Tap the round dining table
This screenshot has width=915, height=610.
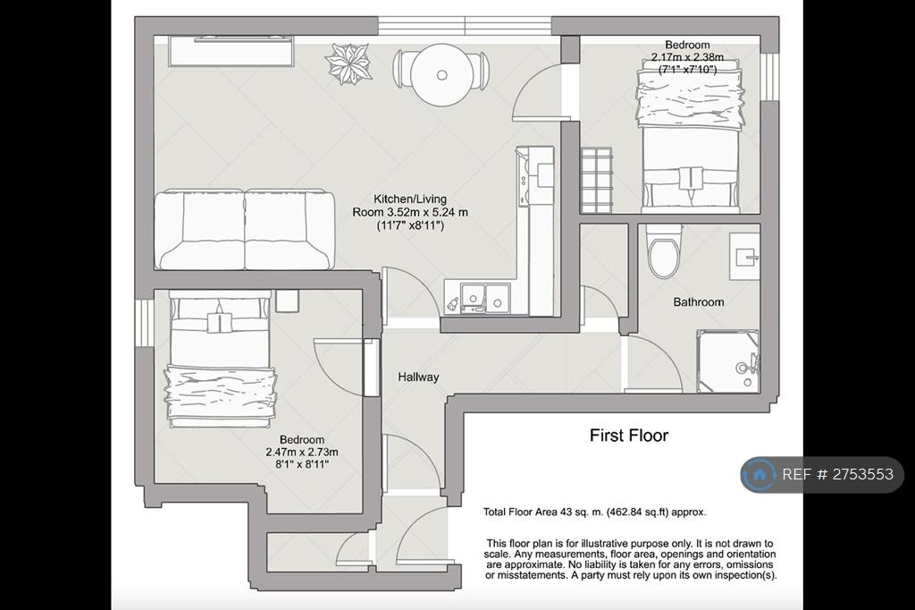(441, 75)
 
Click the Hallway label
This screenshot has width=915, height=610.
(418, 377)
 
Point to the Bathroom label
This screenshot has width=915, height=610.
(699, 302)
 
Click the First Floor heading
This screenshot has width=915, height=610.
(628, 436)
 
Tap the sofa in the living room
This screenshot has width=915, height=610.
(245, 229)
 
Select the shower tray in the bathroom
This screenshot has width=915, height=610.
(727, 360)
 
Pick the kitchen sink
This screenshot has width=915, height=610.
(485, 297)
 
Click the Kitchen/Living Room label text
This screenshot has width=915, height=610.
(409, 212)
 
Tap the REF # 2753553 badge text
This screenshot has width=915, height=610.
(837, 474)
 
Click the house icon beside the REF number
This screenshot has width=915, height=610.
(760, 474)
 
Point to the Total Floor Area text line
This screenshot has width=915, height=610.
(594, 512)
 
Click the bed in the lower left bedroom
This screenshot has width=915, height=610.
(220, 360)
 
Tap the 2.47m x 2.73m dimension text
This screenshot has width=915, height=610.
(302, 453)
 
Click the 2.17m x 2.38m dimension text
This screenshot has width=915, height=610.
(687, 57)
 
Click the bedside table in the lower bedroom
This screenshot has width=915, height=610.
(287, 301)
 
